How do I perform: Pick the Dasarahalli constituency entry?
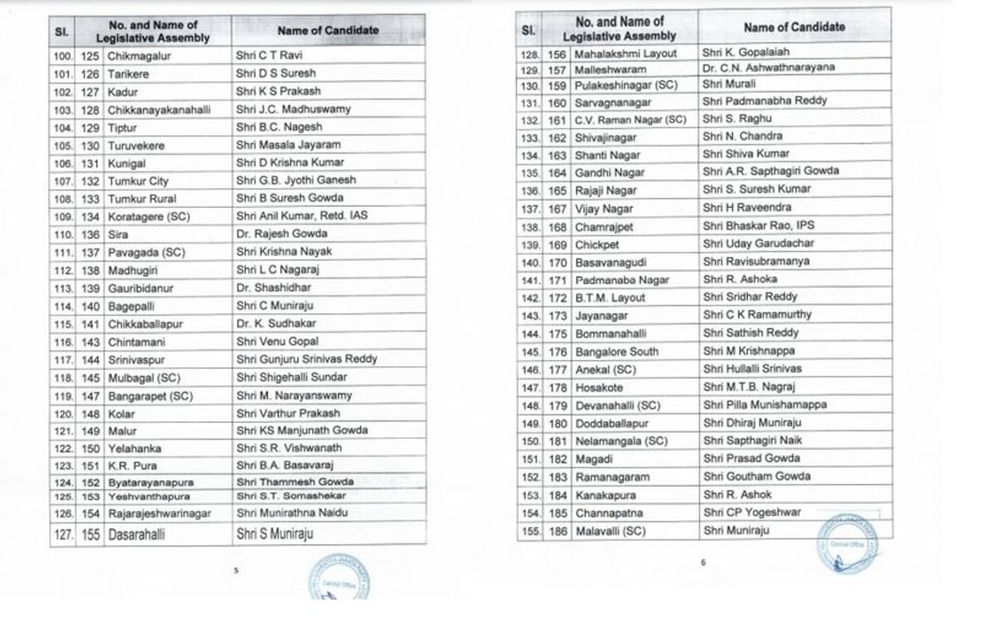point(136,534)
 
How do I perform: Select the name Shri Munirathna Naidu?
point(292,513)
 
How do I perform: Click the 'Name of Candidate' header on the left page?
point(328,31)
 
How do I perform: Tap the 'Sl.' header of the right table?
point(528,30)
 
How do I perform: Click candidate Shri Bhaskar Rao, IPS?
point(748,226)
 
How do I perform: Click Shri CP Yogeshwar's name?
point(741,513)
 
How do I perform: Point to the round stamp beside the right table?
point(847,543)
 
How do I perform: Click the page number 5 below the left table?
point(236,571)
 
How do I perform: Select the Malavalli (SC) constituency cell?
point(611,531)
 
